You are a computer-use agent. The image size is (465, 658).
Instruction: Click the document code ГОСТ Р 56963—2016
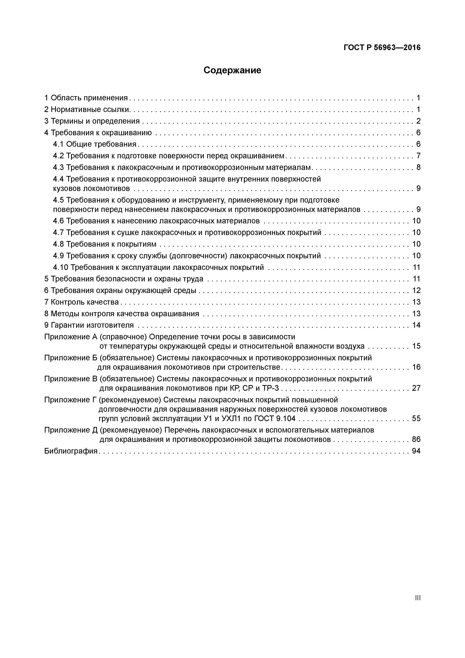[x=382, y=48]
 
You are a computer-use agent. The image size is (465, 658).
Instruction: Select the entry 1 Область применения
[x=86, y=98]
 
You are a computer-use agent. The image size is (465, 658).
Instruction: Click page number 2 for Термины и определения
[x=418, y=121]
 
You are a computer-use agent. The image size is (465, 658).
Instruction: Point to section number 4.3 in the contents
[x=58, y=167]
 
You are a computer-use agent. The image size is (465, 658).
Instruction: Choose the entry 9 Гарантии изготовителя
[x=89, y=325]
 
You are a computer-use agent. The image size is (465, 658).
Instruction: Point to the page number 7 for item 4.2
[x=418, y=156]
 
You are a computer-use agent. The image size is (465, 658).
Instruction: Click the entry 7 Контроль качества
[x=81, y=302]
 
